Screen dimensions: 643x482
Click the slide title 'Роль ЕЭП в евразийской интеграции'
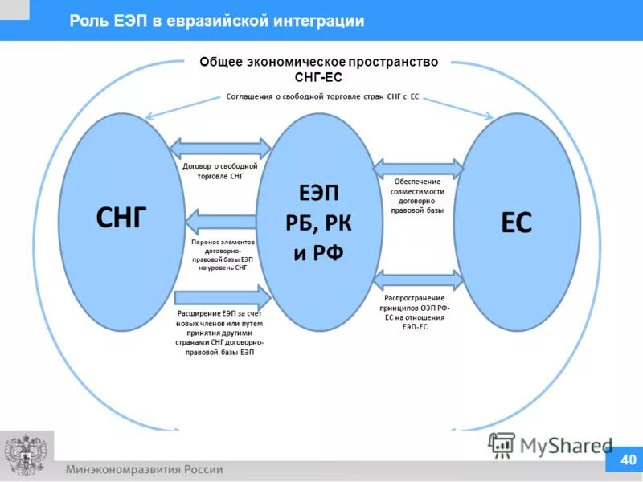[x=217, y=21]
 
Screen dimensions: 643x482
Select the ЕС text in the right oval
[x=516, y=223]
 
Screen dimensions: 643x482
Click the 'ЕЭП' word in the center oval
[x=318, y=194]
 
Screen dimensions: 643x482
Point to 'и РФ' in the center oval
[x=318, y=254]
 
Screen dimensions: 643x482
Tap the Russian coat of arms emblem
[x=27, y=455]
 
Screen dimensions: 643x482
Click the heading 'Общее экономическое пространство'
[x=319, y=63]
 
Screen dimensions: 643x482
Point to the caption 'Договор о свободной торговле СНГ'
[x=219, y=170]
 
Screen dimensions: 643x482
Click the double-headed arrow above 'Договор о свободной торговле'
[x=221, y=148]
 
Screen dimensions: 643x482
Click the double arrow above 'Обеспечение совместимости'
[x=418, y=169]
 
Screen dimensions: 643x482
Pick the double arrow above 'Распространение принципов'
[x=418, y=280]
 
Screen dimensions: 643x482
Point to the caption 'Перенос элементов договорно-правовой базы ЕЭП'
[x=221, y=254]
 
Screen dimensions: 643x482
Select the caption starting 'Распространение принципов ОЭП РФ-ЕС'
[x=417, y=312]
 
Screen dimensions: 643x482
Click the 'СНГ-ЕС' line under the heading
[x=319, y=77]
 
